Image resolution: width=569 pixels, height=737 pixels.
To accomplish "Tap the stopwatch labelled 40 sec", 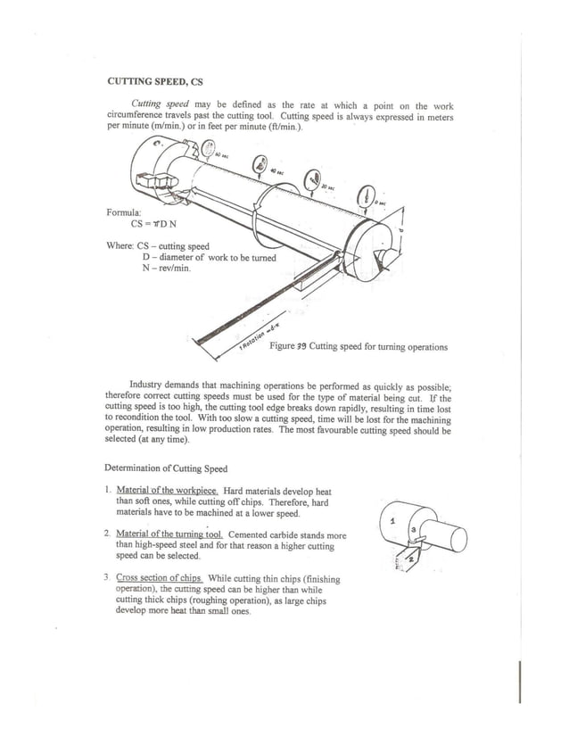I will point(259,165).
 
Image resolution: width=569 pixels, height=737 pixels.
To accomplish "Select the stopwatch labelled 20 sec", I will point(313,179).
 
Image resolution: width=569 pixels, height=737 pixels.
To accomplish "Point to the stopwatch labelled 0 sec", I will point(367,195).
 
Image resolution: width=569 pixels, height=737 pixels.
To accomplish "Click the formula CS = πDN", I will point(144,224).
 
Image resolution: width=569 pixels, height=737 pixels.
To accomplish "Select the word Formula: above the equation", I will point(124,212).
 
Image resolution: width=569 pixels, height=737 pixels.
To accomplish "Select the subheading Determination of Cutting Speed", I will point(166,468).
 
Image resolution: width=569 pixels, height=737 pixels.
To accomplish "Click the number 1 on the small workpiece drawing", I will point(393,522).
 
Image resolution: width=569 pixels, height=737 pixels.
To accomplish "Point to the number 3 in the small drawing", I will point(413,531).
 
